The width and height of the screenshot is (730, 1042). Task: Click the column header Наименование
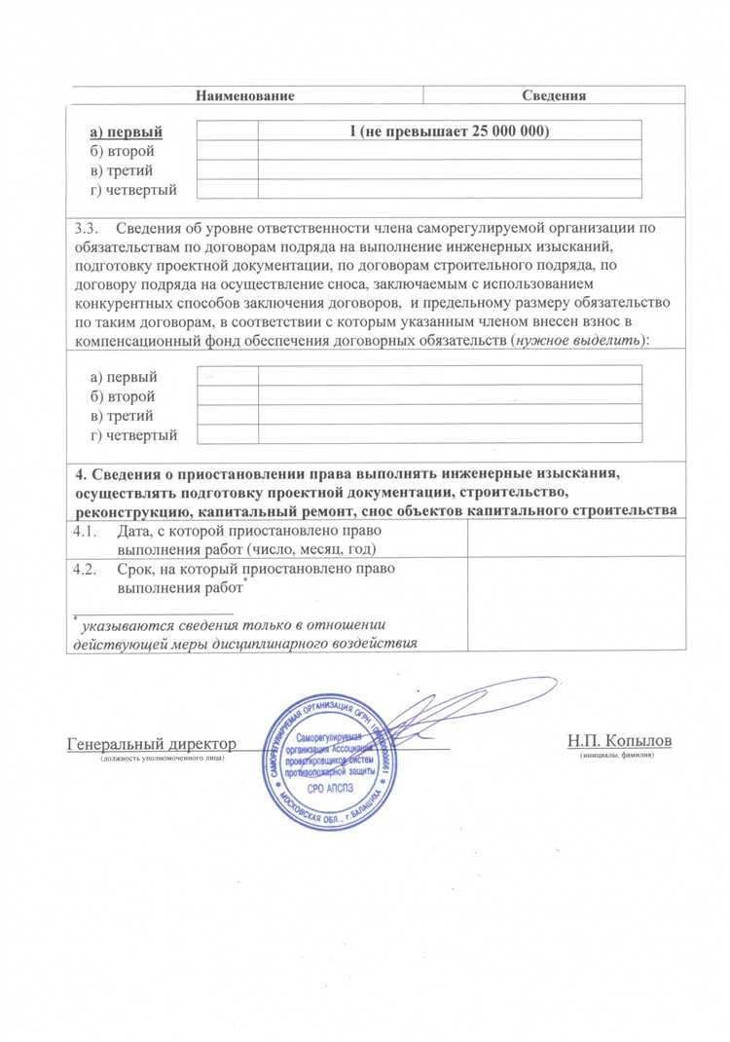(244, 95)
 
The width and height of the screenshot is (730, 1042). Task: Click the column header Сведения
(553, 95)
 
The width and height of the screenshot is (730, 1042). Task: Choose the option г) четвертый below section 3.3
(132, 435)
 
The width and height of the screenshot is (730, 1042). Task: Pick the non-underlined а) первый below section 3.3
(123, 377)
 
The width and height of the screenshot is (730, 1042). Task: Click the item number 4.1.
(88, 533)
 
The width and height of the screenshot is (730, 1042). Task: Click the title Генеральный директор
(151, 743)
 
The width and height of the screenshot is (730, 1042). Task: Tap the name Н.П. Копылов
(619, 741)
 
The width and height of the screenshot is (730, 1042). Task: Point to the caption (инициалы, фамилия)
(617, 755)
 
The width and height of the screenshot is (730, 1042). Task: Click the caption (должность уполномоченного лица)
(162, 757)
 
